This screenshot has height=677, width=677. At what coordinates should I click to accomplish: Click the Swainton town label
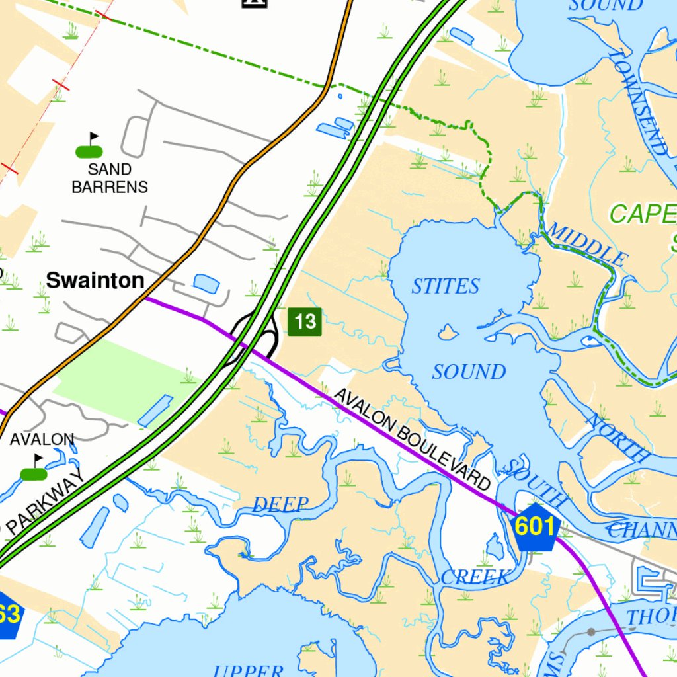pyautogui.click(x=95, y=280)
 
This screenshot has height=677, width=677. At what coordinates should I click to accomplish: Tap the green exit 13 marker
pyautogui.click(x=305, y=322)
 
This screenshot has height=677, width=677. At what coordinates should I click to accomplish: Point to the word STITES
pyautogui.click(x=445, y=286)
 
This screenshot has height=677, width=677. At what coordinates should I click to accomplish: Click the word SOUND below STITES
pyautogui.click(x=469, y=372)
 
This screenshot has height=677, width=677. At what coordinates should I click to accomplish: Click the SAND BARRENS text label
pyautogui.click(x=110, y=179)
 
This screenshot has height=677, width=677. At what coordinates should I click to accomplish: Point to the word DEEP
pyautogui.click(x=281, y=505)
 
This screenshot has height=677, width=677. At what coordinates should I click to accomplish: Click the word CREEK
pyautogui.click(x=475, y=577)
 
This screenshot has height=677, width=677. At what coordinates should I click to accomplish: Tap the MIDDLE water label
pyautogui.click(x=586, y=244)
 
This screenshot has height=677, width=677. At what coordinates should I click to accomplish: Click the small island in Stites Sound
pyautogui.click(x=448, y=332)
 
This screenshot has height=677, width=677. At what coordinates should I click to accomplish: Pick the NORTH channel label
pyautogui.click(x=618, y=437)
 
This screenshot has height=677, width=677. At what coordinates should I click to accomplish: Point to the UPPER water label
pyautogui.click(x=249, y=670)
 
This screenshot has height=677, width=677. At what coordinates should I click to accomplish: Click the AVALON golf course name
pyautogui.click(x=42, y=439)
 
